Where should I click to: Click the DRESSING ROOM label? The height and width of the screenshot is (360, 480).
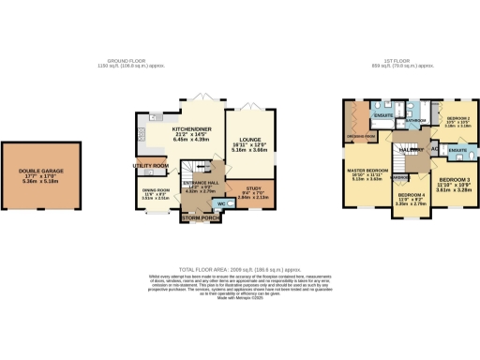pos(362,136)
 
